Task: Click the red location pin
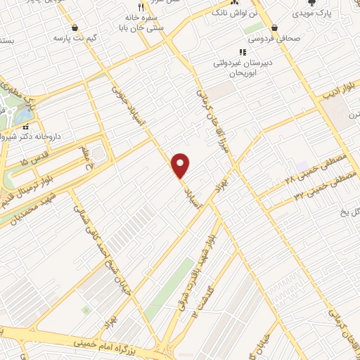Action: coord(181,165)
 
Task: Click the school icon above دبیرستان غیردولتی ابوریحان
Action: coord(243,52)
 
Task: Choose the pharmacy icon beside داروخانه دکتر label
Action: coord(26,127)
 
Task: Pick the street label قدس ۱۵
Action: coord(34,162)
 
